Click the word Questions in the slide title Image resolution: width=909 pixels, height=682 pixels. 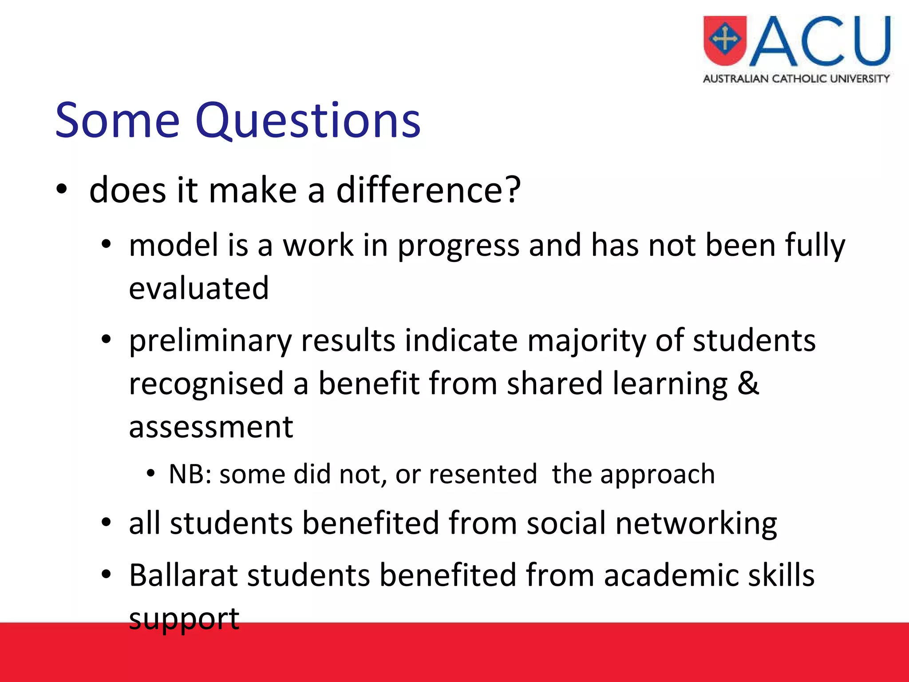pos(308,121)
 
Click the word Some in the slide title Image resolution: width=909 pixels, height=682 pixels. pos(117,121)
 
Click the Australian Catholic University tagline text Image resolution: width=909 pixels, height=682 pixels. pos(796,79)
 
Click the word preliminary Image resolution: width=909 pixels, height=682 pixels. pos(210,341)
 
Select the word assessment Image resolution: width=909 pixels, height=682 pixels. pos(211,427)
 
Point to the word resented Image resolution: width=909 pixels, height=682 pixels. pos(483,474)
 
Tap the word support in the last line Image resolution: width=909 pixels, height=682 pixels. pos(184,619)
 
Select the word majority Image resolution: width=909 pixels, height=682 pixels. pos(586,341)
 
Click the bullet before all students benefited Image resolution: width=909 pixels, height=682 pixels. pos(106,523)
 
